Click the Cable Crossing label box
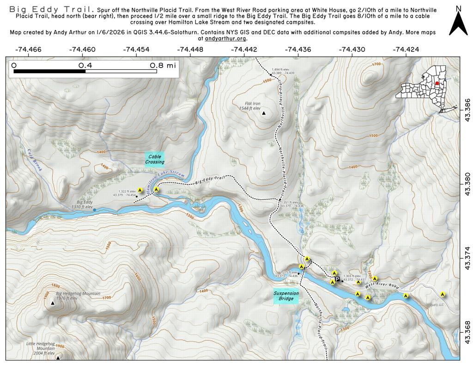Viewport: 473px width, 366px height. (x=154, y=159)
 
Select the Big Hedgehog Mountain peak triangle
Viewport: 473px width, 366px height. (x=53, y=304)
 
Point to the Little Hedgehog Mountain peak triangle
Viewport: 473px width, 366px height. (x=58, y=357)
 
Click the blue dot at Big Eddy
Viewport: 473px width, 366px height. (x=95, y=210)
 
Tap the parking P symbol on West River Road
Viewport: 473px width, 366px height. (x=337, y=279)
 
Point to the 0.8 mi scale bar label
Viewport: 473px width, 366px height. (x=162, y=66)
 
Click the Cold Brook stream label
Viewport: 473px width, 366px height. (x=34, y=160)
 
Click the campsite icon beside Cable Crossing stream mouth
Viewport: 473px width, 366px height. (x=157, y=189)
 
